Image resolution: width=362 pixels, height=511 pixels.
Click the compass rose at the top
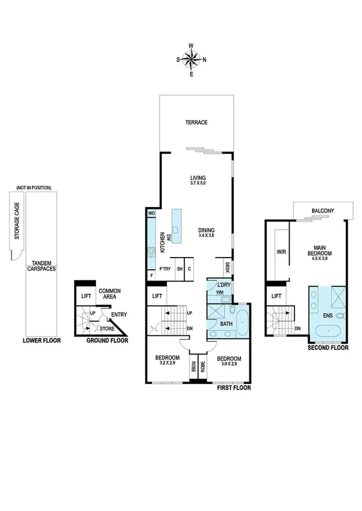(x=192, y=60)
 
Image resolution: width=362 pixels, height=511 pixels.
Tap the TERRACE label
(x=196, y=123)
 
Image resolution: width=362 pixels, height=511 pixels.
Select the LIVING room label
(x=198, y=178)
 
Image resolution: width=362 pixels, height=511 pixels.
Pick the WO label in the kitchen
(x=151, y=214)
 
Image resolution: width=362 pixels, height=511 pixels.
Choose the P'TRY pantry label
(x=165, y=269)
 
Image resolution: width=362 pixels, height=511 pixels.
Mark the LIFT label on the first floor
(x=158, y=296)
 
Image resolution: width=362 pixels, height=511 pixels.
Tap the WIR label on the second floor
(x=281, y=252)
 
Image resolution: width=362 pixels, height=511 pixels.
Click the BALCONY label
(x=323, y=211)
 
